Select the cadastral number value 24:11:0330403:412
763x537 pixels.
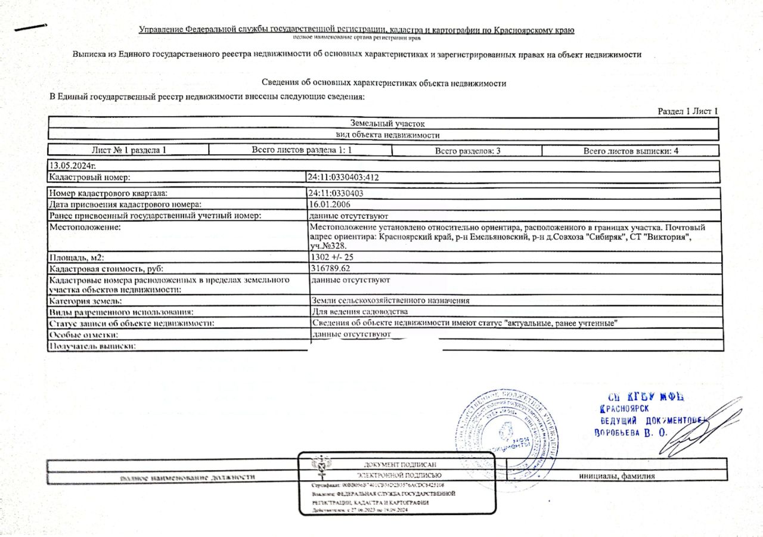(344, 177)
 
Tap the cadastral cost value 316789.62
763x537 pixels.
(331, 269)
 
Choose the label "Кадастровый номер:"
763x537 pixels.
(89, 177)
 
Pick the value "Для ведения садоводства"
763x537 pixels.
(359, 312)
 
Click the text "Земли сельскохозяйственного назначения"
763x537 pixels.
(390, 301)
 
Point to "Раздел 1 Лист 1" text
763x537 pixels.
(687, 111)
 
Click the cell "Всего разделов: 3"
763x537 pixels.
(467, 151)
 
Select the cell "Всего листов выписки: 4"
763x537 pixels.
(631, 151)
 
